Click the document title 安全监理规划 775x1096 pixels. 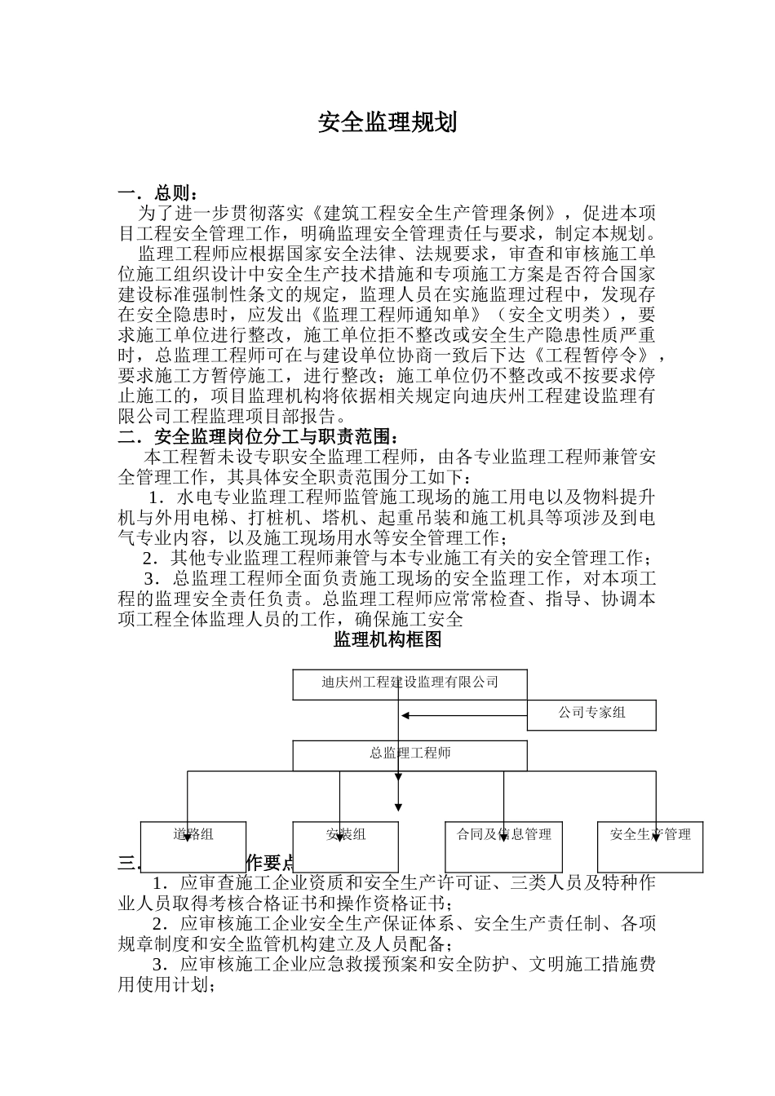pos(387,122)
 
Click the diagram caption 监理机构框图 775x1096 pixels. pos(387,639)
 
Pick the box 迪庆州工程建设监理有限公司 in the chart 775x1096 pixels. pos(410,683)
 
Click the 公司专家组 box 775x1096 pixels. pos(591,714)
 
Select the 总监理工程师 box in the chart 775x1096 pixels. pos(410,753)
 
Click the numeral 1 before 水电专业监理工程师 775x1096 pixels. pos(154,497)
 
